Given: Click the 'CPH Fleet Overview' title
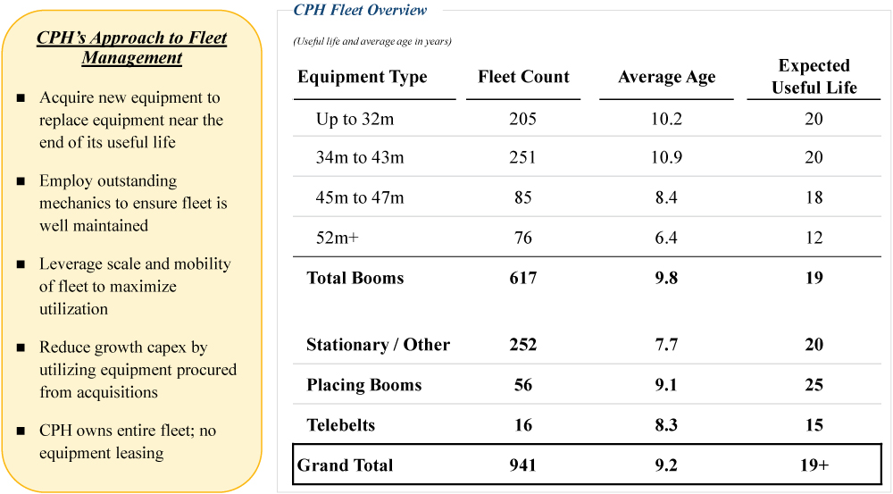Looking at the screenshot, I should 361,11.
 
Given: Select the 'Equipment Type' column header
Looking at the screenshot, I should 363,77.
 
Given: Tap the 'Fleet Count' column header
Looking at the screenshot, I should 523,77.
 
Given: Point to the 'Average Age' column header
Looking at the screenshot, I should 666,78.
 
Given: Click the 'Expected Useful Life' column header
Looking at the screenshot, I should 814,77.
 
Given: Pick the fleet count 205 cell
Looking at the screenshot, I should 523,119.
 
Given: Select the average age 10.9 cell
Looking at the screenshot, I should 666,158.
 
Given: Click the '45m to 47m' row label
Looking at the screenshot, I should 360,198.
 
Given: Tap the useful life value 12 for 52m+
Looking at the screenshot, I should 814,238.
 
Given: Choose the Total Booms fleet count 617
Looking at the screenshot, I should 523,278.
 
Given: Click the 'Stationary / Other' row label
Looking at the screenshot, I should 378,345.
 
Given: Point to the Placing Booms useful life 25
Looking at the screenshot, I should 814,385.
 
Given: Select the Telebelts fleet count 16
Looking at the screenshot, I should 523,425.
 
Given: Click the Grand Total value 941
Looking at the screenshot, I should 523,465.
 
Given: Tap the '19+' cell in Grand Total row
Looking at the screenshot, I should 814,465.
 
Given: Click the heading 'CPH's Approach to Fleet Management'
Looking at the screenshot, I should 132,48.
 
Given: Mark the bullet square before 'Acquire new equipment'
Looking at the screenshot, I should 21,98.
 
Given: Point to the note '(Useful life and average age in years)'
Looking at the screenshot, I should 372,41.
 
